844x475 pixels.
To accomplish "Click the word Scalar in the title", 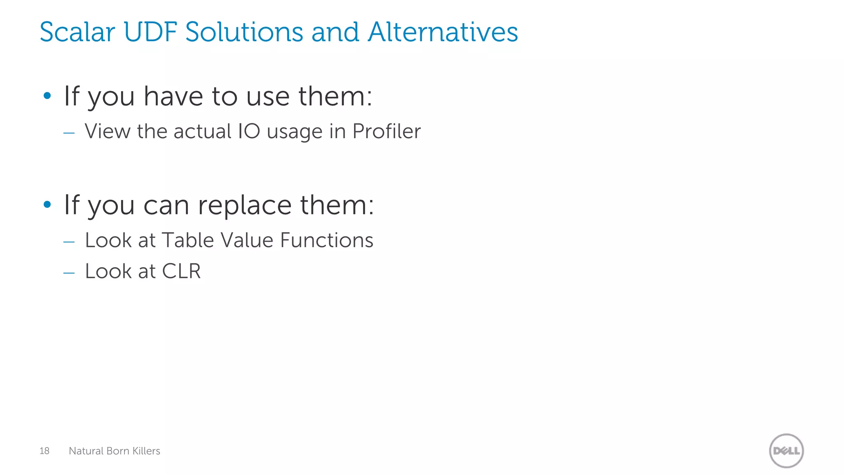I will [77, 32].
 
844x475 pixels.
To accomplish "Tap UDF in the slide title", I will [150, 32].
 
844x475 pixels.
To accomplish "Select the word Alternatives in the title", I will [443, 32].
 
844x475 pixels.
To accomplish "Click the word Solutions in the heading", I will [244, 32].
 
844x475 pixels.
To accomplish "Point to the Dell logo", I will [786, 451].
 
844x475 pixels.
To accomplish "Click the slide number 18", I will [45, 451].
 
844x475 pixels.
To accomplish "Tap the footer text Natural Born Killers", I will [115, 451].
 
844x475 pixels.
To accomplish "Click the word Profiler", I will [387, 132].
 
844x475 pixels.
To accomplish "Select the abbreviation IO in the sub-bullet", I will [249, 132].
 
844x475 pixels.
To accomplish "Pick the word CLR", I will [181, 271].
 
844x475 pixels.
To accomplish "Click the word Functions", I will [327, 240].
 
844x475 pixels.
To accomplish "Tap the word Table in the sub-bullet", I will [188, 240].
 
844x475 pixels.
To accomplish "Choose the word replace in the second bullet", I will [245, 205].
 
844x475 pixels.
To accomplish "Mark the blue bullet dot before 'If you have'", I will [47, 96].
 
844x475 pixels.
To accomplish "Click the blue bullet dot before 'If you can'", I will [47, 204].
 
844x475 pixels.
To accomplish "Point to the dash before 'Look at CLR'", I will [69, 273].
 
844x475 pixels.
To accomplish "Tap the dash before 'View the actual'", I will [69, 133].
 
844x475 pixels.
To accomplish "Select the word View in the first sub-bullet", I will [108, 132].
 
